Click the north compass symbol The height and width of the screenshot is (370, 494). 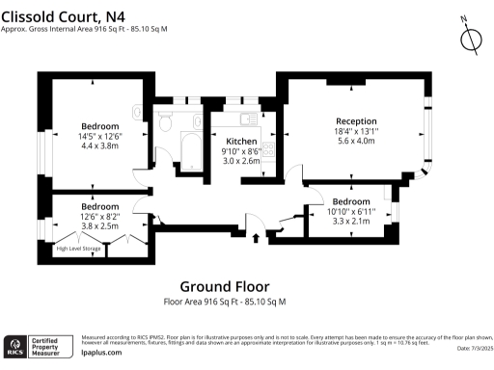[x=471, y=38]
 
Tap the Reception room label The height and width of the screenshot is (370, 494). [x=356, y=120]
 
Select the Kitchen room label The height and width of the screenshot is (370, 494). [x=241, y=142]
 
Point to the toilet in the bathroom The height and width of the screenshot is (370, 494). [x=165, y=123]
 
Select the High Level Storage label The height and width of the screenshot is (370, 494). [x=78, y=249]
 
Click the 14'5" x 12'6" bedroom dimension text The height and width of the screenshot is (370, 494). [x=99, y=136]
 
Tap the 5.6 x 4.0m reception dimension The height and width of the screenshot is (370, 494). [x=356, y=141]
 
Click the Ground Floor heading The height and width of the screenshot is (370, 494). [x=225, y=286]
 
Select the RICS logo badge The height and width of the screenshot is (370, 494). [x=16, y=346]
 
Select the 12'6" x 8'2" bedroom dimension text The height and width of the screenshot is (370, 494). [x=99, y=217]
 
